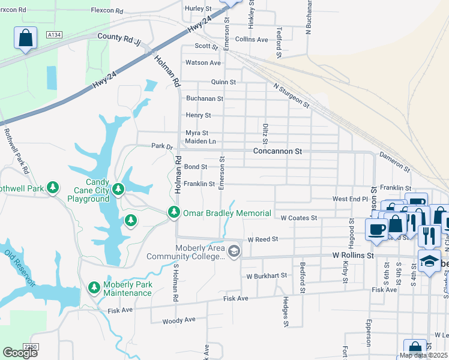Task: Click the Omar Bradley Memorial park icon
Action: pyautogui.click(x=174, y=212)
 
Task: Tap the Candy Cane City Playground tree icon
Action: pyautogui.click(x=118, y=190)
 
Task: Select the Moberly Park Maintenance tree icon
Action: pyautogui.click(x=94, y=288)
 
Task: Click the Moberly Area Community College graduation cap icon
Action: pyautogui.click(x=234, y=251)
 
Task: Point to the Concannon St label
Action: pyautogui.click(x=277, y=152)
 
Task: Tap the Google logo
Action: pyautogui.click(x=20, y=353)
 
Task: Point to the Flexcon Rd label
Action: pyautogui.click(x=107, y=11)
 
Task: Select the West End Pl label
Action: pyautogui.click(x=350, y=199)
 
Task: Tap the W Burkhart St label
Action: pyautogui.click(x=267, y=276)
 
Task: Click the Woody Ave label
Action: pyautogui.click(x=179, y=320)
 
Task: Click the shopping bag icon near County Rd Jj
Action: pyautogui.click(x=25, y=39)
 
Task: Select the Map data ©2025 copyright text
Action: pyautogui.click(x=423, y=355)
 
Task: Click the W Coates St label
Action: pyautogui.click(x=298, y=218)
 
